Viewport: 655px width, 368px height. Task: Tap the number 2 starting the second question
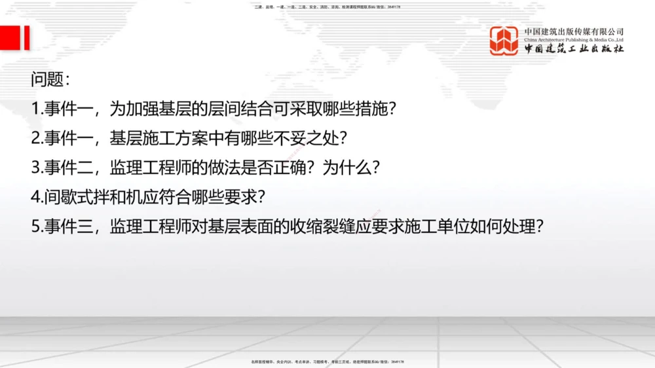click(x=35, y=138)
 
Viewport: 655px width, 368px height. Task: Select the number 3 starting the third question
click(x=35, y=167)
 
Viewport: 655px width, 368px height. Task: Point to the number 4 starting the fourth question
click(x=35, y=196)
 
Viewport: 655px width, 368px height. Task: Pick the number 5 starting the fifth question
click(x=35, y=226)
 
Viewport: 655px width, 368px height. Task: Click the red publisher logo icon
click(x=504, y=41)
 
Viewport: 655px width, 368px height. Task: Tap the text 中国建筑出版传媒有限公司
click(x=574, y=31)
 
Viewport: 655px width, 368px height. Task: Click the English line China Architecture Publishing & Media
click(x=574, y=40)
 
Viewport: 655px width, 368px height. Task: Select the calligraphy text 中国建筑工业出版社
click(x=574, y=49)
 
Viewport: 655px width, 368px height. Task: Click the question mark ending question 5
click(x=539, y=226)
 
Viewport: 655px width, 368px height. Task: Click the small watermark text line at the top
click(x=327, y=7)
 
